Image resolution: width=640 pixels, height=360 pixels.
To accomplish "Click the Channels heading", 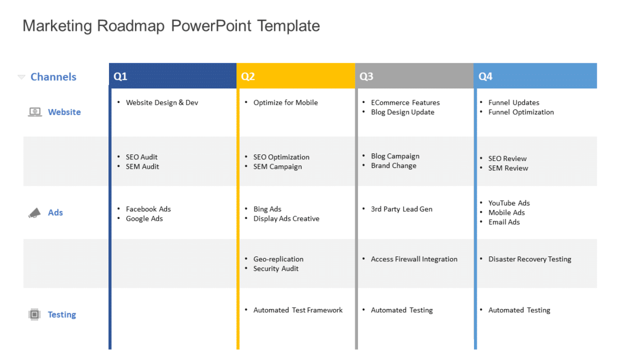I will pyautogui.click(x=53, y=77).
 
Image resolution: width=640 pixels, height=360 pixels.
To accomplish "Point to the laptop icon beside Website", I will pyautogui.click(x=35, y=112).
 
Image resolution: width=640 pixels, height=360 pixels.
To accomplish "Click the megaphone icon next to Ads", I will pyautogui.click(x=34, y=213).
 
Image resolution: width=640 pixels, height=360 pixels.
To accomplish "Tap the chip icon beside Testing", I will pyautogui.click(x=34, y=314).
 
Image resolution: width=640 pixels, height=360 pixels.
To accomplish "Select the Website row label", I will pyautogui.click(x=64, y=112).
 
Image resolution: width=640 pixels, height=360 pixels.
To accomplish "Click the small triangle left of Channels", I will pyautogui.click(x=21, y=77).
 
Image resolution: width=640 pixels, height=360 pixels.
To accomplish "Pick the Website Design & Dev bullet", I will pyautogui.click(x=162, y=102).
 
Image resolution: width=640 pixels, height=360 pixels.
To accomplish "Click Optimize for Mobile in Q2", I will pyautogui.click(x=285, y=102).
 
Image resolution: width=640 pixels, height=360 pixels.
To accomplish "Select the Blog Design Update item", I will pyautogui.click(x=402, y=112).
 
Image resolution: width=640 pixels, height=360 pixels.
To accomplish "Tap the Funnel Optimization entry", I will pyautogui.click(x=521, y=112).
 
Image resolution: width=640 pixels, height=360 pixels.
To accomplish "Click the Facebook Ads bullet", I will pyautogui.click(x=148, y=209).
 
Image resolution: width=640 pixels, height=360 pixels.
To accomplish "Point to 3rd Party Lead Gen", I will pyautogui.click(x=401, y=209).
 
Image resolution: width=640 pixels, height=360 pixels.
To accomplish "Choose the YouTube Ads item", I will pyautogui.click(x=509, y=203).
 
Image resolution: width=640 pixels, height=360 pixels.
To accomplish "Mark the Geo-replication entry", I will pyautogui.click(x=278, y=259).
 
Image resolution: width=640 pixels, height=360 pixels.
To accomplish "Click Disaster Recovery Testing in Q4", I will pyautogui.click(x=529, y=259).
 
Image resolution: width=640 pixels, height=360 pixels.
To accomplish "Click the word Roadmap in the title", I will pyautogui.click(x=131, y=25).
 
